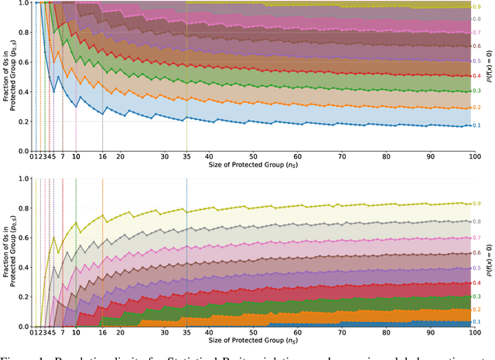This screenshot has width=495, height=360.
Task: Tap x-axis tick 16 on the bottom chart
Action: [103, 332]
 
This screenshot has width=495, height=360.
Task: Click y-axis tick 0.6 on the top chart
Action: [23, 50]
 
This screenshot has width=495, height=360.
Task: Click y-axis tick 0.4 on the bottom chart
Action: [23, 267]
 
